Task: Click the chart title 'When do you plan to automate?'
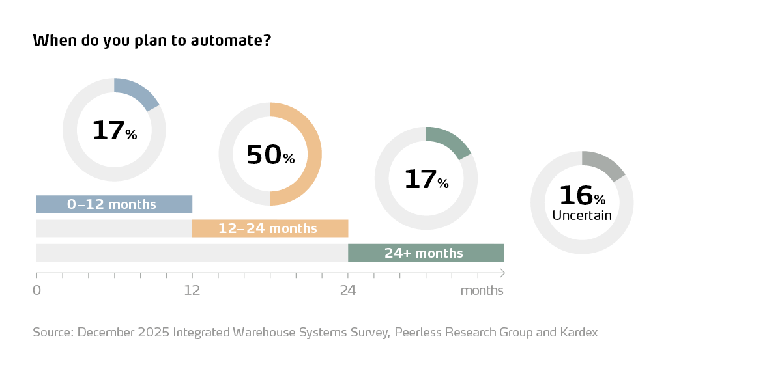[152, 41]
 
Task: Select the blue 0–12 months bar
[114, 204]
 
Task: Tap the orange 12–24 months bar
[270, 228]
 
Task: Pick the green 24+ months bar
[426, 253]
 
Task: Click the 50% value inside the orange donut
[270, 156]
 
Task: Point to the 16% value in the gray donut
[581, 196]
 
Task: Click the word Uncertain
[581, 215]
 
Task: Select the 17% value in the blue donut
[114, 131]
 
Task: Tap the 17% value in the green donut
[426, 180]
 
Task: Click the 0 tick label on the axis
[36, 290]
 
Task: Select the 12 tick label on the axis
[192, 290]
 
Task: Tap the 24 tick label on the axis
[347, 290]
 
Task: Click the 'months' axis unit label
[482, 290]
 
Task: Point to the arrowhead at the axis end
[502, 273]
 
